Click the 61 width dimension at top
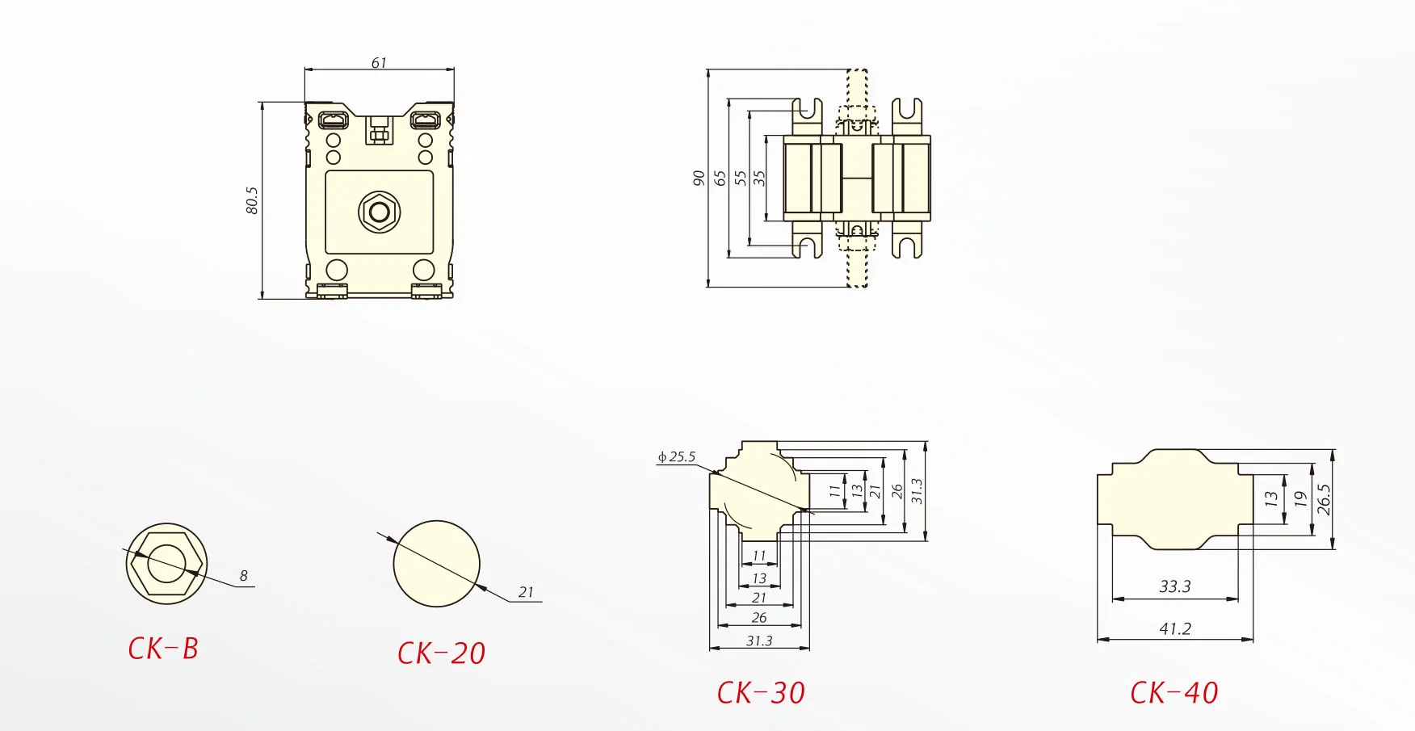[x=379, y=63]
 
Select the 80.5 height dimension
[x=252, y=200]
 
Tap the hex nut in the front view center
[x=379, y=212]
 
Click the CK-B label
[x=163, y=649]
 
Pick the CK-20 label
[x=441, y=653]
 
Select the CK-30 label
[x=761, y=693]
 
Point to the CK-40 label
[x=1174, y=693]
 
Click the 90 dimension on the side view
[x=699, y=178]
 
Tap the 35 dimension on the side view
[x=758, y=178]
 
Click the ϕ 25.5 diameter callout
[x=677, y=457]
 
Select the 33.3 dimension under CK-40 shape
[x=1174, y=586]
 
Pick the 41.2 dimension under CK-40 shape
[x=1174, y=628]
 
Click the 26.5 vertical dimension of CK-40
[x=1323, y=500]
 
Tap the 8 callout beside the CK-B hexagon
[x=243, y=576]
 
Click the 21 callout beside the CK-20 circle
[x=526, y=592]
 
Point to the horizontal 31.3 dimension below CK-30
[x=759, y=641]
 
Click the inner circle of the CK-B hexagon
[x=167, y=563]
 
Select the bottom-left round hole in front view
[x=337, y=270]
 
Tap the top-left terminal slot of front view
[x=333, y=121]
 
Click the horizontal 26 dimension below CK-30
[x=759, y=618]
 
